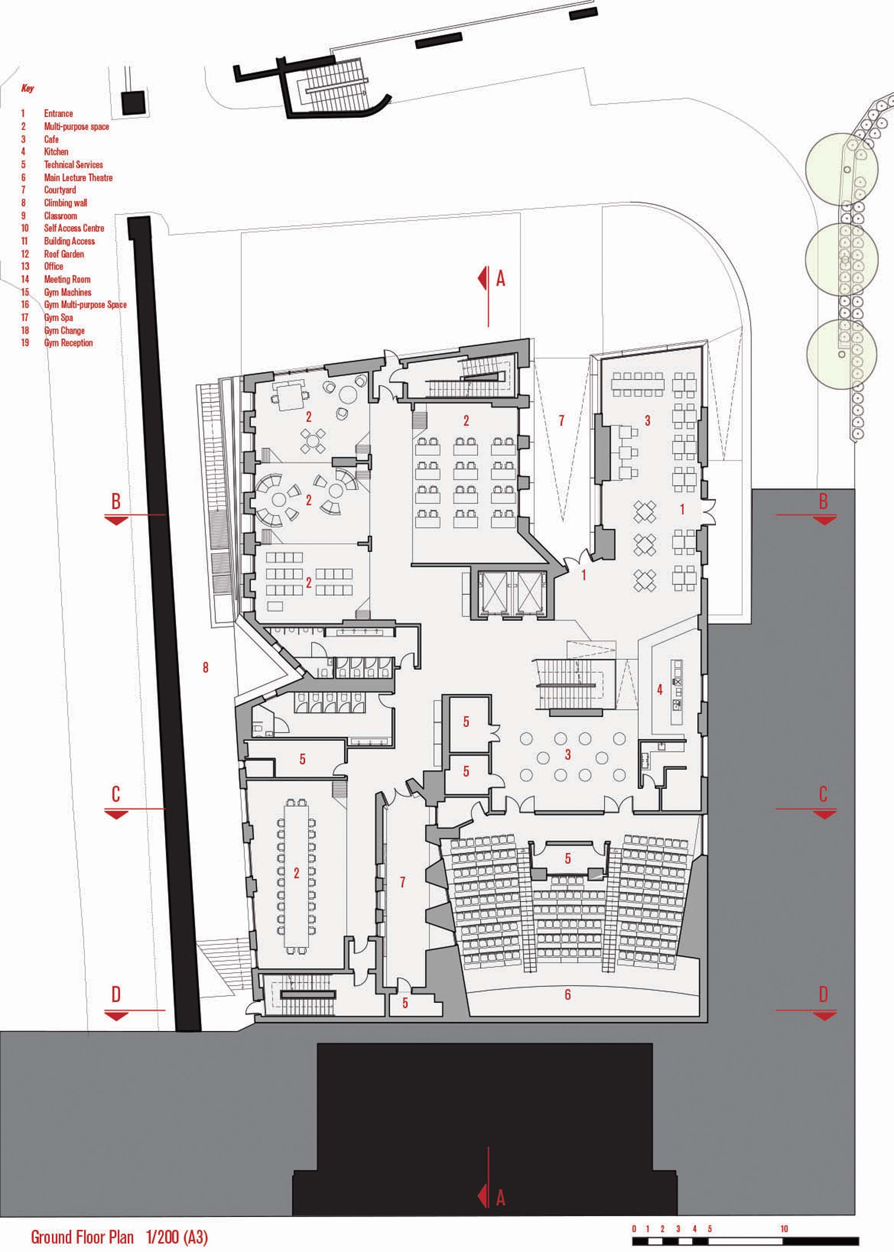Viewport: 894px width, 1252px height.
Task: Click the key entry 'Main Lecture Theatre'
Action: [78, 177]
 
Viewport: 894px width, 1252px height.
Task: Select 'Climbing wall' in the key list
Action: [66, 202]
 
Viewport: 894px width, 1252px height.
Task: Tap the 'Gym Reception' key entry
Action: [68, 342]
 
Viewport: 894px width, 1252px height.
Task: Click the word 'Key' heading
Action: [28, 88]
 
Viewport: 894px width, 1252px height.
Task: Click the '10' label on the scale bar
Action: [784, 1214]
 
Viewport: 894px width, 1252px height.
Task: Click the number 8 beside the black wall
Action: [205, 668]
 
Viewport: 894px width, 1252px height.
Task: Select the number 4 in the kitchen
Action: [659, 689]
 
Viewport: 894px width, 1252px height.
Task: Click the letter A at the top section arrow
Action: [500, 279]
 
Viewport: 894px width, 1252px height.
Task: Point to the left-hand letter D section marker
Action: [116, 994]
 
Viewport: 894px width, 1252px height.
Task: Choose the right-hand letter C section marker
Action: [823, 794]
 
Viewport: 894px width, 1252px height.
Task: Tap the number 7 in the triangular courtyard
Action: [561, 420]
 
